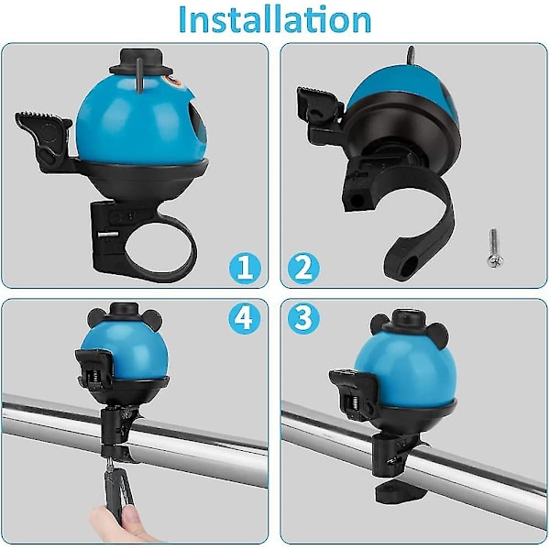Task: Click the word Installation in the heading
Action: [275, 19]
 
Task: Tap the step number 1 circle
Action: [245, 269]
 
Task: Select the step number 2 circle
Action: [303, 269]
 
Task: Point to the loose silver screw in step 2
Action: [495, 248]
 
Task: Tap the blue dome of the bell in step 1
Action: [140, 123]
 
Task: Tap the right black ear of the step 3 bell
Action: [437, 335]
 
